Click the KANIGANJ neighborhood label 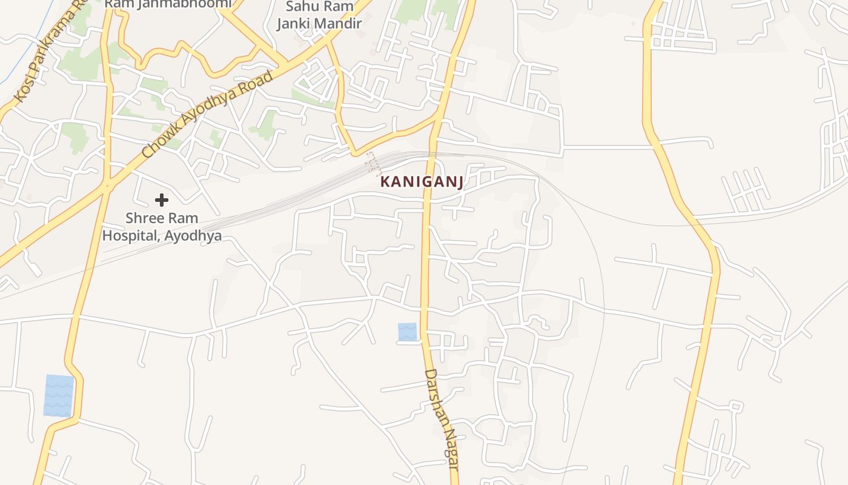tap(422, 181)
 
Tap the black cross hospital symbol tap(161, 199)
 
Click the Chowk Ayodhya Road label tap(208, 115)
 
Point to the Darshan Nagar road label tap(441, 418)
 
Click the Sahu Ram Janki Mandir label tap(319, 15)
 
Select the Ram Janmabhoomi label tap(168, 4)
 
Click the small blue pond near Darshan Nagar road tap(408, 332)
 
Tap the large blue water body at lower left tap(59, 395)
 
